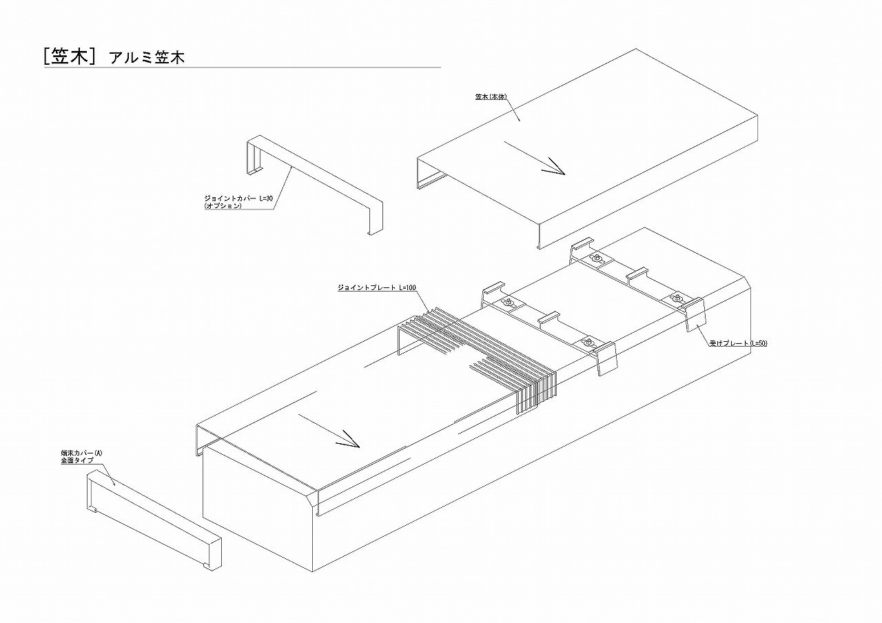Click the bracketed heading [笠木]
pyautogui.click(x=68, y=57)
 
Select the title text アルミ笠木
pyautogui.click(x=147, y=58)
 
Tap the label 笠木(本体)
pyautogui.click(x=490, y=97)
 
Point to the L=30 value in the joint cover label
pyautogui.click(x=265, y=198)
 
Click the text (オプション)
pyautogui.click(x=223, y=206)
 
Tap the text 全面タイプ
pyautogui.click(x=76, y=460)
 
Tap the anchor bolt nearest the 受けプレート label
pyautogui.click(x=675, y=298)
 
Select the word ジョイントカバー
pyautogui.click(x=227, y=198)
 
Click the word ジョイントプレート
pyautogui.click(x=366, y=287)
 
